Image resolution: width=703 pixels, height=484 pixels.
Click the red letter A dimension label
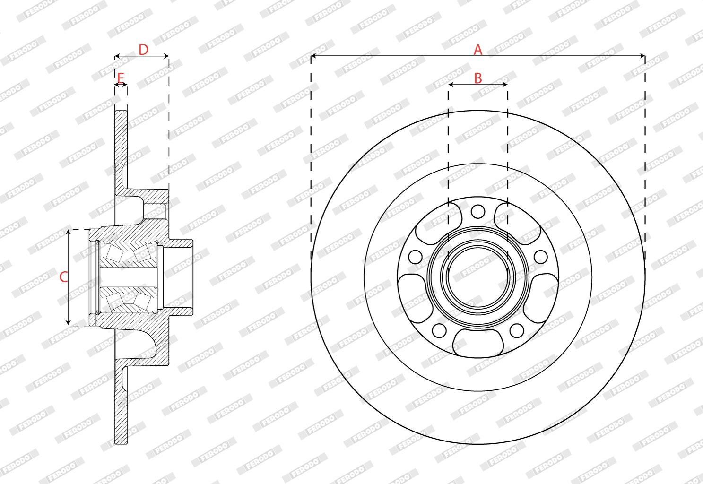(x=477, y=50)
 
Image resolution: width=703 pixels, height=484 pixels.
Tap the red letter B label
(x=477, y=78)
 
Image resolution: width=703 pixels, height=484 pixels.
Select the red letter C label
(x=63, y=277)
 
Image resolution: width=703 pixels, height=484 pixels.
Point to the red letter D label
(x=143, y=50)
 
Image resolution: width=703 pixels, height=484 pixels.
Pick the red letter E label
(x=121, y=78)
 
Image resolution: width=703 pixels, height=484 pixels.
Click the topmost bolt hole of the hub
(x=477, y=211)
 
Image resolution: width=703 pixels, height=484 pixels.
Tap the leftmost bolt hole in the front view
(x=415, y=257)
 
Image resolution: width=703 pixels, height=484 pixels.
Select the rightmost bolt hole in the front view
(x=540, y=257)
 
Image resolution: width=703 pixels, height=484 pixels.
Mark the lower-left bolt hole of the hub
(x=439, y=330)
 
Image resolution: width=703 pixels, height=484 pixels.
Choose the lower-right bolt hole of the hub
(x=517, y=330)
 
